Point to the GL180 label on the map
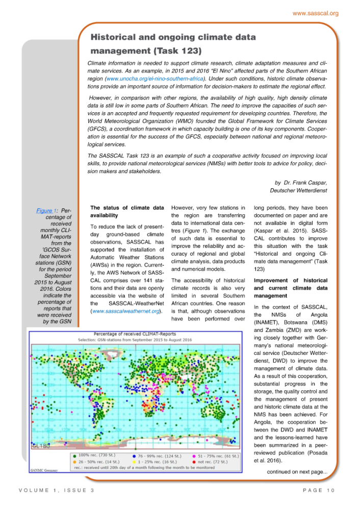40,445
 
